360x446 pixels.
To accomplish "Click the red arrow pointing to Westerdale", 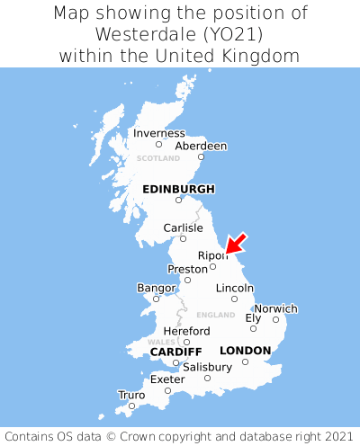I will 236,243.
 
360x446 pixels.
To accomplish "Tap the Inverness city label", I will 158,133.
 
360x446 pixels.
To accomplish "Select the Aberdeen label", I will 201,146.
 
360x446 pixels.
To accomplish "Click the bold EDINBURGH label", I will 178,189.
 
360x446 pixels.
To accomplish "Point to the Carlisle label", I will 183,227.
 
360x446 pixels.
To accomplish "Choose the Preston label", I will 187,269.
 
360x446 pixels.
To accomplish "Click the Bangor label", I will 156,288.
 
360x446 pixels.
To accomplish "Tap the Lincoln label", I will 235,288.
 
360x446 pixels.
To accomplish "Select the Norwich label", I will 275,308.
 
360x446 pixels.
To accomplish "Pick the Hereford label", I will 186,331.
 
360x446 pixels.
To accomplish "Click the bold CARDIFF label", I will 175,351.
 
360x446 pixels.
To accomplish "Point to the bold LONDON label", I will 245,350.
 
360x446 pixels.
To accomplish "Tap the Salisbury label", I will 207,367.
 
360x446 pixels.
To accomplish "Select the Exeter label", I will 167,379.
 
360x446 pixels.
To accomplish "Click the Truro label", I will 131,395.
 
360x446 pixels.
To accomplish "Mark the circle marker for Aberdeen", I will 201,157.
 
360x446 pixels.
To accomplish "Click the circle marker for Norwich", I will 275,319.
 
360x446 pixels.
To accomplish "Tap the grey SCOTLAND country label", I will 158,158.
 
